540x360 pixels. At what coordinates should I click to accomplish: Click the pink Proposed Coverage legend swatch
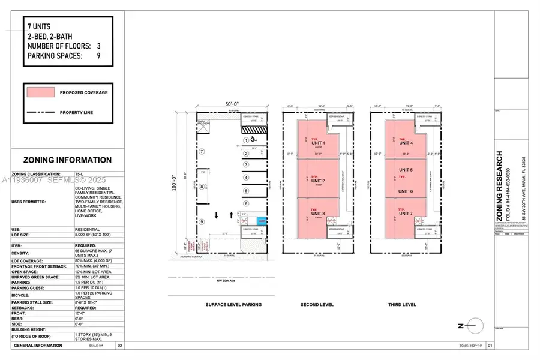(x=40, y=92)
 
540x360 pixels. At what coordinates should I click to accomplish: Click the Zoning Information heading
(x=67, y=160)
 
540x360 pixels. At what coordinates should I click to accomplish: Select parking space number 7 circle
(x=202, y=151)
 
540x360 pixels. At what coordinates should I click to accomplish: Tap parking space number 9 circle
(x=202, y=222)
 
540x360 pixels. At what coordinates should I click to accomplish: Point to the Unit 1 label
(x=318, y=143)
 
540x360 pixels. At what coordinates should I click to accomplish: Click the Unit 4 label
(x=406, y=143)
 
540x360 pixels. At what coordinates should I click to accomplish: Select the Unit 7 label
(x=406, y=214)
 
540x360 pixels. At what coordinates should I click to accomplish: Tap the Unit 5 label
(x=406, y=170)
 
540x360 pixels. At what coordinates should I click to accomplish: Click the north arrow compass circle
(x=473, y=326)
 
